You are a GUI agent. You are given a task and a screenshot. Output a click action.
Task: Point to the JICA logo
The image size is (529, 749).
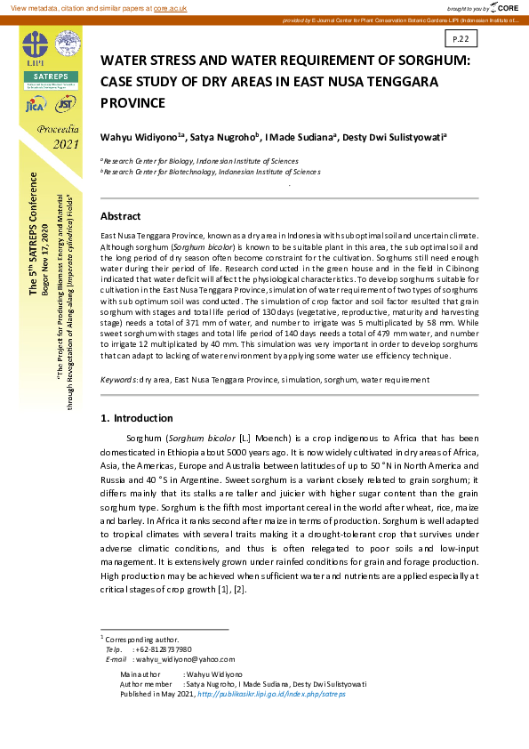(x=35, y=106)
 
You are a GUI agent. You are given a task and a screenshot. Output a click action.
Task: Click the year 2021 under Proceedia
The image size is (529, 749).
(x=66, y=144)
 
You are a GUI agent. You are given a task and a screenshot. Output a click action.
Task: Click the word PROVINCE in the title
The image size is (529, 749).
(x=133, y=102)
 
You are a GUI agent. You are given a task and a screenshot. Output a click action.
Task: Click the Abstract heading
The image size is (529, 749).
(x=120, y=216)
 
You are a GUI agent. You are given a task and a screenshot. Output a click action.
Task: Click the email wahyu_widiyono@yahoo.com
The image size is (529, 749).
(x=184, y=659)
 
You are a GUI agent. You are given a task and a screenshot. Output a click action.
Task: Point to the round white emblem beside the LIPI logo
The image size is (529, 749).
(x=67, y=44)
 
